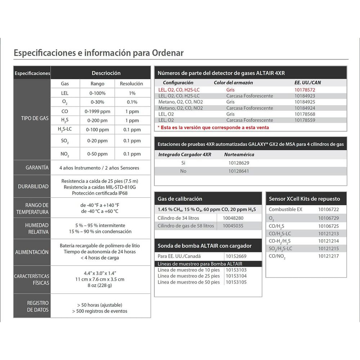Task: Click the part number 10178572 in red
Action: (305, 90)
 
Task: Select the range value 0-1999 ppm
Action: (97, 111)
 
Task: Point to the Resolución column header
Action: (131, 84)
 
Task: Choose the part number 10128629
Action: (239, 163)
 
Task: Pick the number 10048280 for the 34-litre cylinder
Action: (233, 218)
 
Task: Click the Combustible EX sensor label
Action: (286, 209)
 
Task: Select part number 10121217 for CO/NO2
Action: (328, 256)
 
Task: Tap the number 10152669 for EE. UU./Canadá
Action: (236, 256)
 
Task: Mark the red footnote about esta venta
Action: (213, 127)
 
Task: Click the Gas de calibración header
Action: (180, 199)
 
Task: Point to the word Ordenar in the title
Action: (165, 53)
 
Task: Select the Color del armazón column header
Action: (233, 82)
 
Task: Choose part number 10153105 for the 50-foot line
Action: (236, 282)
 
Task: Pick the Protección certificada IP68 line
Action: (100, 193)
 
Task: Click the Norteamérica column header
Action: (239, 154)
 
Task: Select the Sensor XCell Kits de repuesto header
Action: (305, 199)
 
